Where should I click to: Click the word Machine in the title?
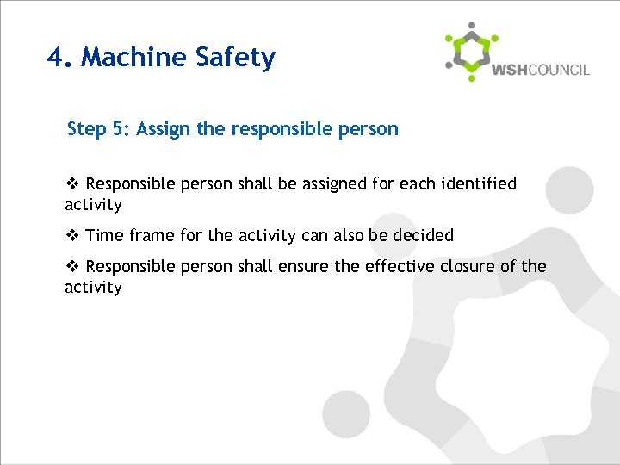[134, 58]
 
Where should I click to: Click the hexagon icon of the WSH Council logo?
[471, 53]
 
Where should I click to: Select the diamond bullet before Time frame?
[72, 235]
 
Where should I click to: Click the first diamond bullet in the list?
[72, 183]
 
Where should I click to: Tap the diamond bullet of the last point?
[72, 266]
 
